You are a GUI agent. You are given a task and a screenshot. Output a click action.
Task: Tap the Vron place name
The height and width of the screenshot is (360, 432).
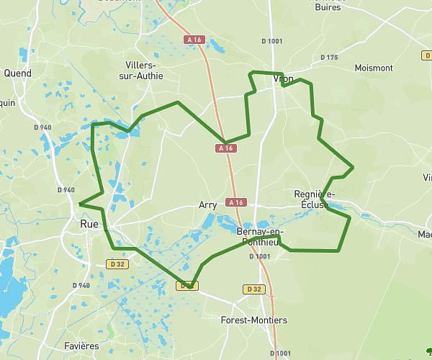pos(284,79)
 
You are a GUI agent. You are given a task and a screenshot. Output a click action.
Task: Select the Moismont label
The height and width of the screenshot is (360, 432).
pos(374,68)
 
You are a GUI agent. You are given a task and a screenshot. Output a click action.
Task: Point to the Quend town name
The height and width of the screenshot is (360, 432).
pos(17,73)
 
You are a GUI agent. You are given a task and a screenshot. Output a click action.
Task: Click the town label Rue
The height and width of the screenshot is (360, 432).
pos(89,225)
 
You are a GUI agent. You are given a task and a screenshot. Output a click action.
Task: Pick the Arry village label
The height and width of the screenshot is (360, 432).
pos(207,205)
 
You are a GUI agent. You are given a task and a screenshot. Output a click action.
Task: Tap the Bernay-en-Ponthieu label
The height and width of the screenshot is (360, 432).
pos(259,235)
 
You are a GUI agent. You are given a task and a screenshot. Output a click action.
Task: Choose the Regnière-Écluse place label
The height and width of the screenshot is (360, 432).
pos(315,199)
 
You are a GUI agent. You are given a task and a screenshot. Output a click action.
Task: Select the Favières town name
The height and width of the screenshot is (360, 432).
pos(81,346)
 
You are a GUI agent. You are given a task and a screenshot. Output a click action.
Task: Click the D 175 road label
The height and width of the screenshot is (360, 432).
pos(328,58)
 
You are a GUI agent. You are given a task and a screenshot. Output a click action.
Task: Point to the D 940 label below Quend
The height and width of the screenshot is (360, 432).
pos(42,127)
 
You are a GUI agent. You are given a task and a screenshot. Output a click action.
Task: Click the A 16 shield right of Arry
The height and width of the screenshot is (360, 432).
pos(235,202)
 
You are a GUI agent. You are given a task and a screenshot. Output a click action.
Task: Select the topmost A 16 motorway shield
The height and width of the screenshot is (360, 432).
pos(193,39)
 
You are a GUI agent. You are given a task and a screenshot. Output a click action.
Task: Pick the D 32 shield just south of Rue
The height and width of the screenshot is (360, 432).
pos(117,264)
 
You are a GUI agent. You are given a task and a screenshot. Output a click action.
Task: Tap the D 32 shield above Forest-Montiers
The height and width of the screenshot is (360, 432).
pos(253,289)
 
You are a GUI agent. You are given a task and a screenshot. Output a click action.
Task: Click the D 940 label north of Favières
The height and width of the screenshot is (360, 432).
pos(81,286)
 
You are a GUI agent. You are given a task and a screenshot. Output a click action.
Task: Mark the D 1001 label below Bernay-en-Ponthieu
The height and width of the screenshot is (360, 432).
pos(259,256)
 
